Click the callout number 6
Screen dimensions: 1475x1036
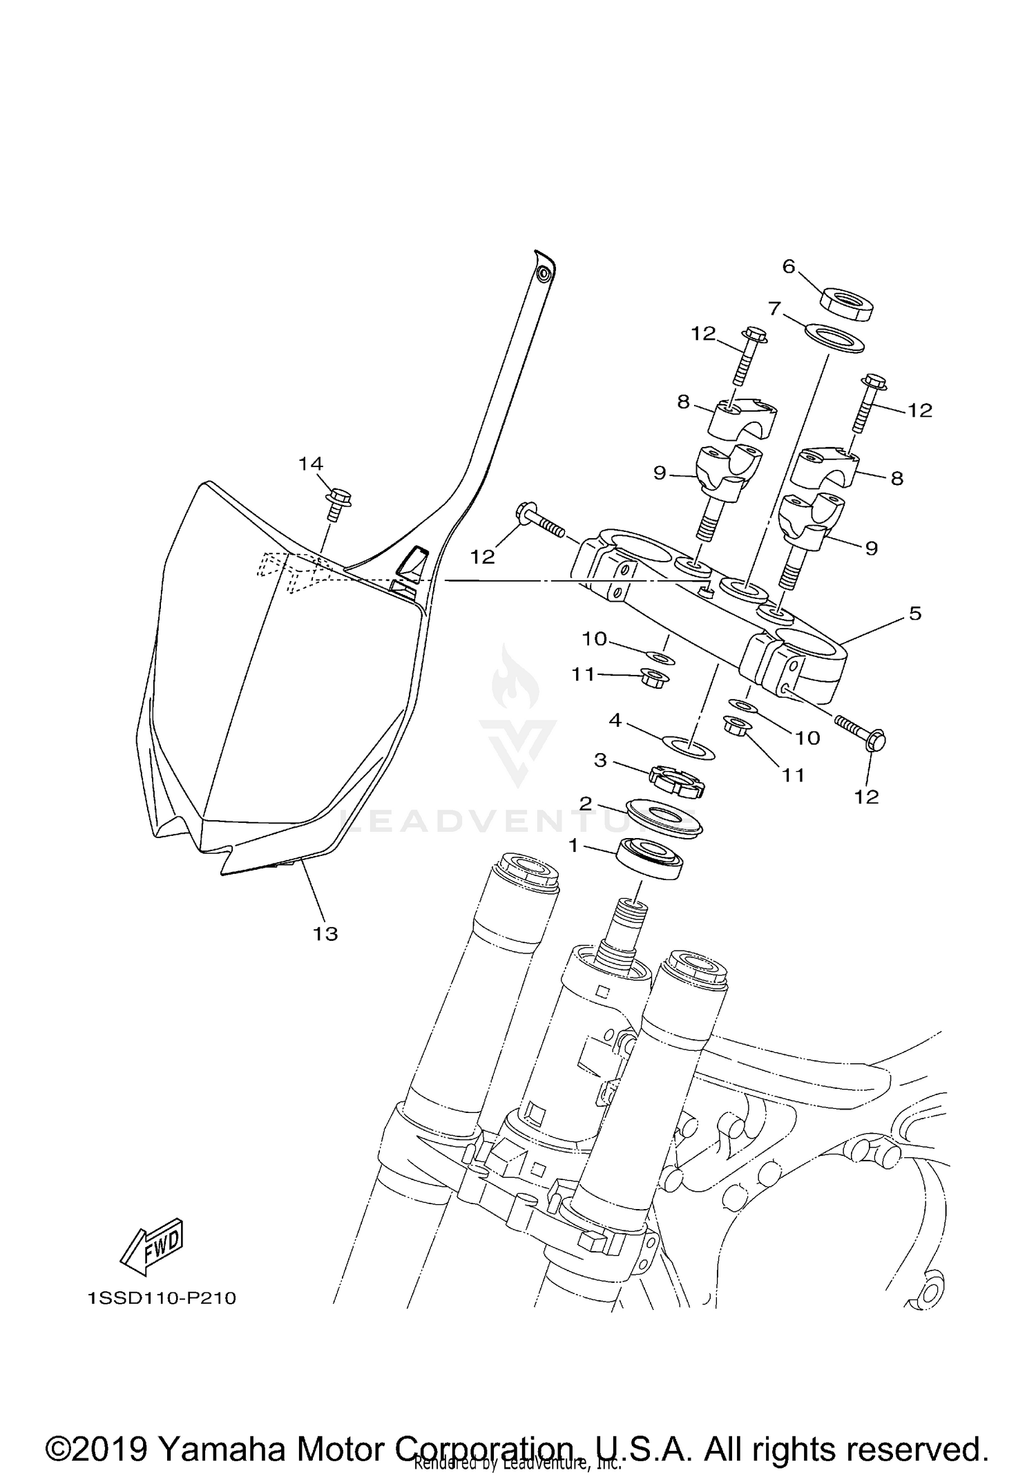click(x=789, y=266)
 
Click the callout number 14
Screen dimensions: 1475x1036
click(x=311, y=464)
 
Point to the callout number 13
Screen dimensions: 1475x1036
click(x=325, y=934)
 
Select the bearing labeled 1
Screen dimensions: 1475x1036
click(x=652, y=859)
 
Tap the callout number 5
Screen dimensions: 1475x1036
click(x=915, y=613)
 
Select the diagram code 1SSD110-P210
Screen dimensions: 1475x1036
click(x=162, y=1299)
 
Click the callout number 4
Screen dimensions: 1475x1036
click(x=615, y=721)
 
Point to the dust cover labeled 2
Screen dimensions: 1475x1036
click(x=663, y=818)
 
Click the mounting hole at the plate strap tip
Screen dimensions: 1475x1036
click(x=544, y=274)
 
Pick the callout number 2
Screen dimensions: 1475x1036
click(x=585, y=803)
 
